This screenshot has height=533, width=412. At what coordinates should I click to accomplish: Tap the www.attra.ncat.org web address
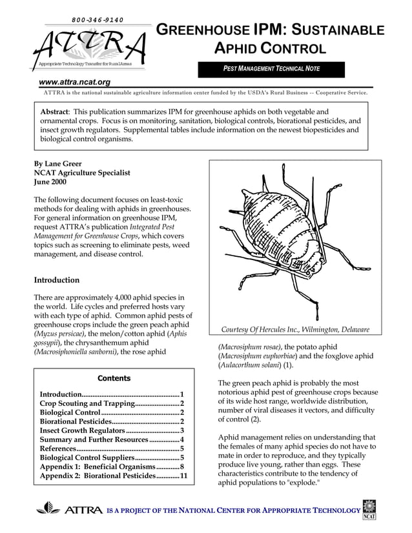pyautogui.click(x=74, y=82)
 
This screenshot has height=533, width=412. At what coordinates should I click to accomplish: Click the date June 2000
pyautogui.click(x=52, y=183)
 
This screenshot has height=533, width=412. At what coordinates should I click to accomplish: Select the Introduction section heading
pyautogui.click(x=57, y=280)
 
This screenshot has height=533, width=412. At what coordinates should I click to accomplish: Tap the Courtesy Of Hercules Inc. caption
pyautogui.click(x=295, y=330)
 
